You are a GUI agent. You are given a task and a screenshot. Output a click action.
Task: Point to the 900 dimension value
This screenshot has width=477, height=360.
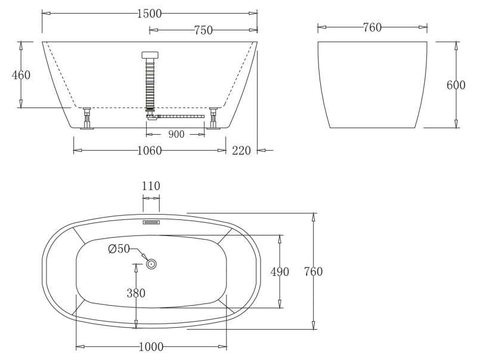[x=176, y=135]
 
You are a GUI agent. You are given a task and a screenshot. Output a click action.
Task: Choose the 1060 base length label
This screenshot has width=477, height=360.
[x=149, y=151]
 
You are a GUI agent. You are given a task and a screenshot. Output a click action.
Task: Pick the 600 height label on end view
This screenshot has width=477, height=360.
[x=456, y=85]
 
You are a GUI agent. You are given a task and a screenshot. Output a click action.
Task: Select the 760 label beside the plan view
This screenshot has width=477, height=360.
[x=312, y=272]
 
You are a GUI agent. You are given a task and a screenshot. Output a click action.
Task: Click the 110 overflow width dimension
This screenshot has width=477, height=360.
[x=151, y=186]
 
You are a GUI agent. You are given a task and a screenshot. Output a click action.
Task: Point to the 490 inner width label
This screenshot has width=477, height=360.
[x=279, y=272]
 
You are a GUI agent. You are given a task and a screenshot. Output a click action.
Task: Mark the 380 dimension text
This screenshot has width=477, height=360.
[x=135, y=293]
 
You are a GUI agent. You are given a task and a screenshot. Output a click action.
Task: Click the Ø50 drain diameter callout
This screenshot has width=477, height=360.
[x=119, y=250]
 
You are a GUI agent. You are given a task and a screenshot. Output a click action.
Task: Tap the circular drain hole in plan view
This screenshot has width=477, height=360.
[x=151, y=262]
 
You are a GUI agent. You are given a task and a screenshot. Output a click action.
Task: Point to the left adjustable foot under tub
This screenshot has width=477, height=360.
[x=87, y=118]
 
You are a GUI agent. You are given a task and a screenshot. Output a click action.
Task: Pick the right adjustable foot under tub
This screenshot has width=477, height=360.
[x=213, y=118]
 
